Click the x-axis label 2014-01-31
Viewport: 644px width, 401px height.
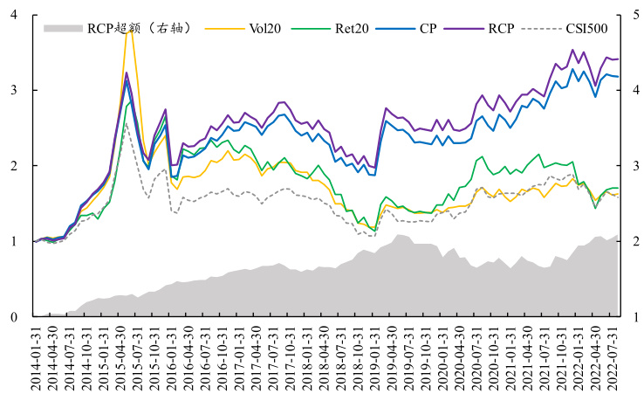click(x=35, y=358)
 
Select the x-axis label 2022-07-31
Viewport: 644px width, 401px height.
click(x=613, y=358)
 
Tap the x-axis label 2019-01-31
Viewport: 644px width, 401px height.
click(x=375, y=358)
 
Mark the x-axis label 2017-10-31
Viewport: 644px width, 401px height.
click(x=291, y=358)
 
